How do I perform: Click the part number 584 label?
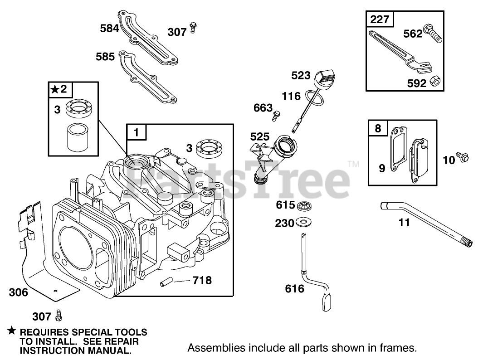pyautogui.click(x=109, y=29)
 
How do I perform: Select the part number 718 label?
pyautogui.click(x=202, y=281)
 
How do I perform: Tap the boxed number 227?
pyautogui.click(x=380, y=20)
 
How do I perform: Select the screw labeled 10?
pyautogui.click(x=463, y=157)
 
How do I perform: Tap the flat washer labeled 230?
pyautogui.click(x=302, y=223)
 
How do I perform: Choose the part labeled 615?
pyautogui.click(x=302, y=206)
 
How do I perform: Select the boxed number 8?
pyautogui.click(x=378, y=128)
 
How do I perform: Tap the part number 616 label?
pyautogui.click(x=294, y=288)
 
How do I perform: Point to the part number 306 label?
pyautogui.click(x=18, y=292)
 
